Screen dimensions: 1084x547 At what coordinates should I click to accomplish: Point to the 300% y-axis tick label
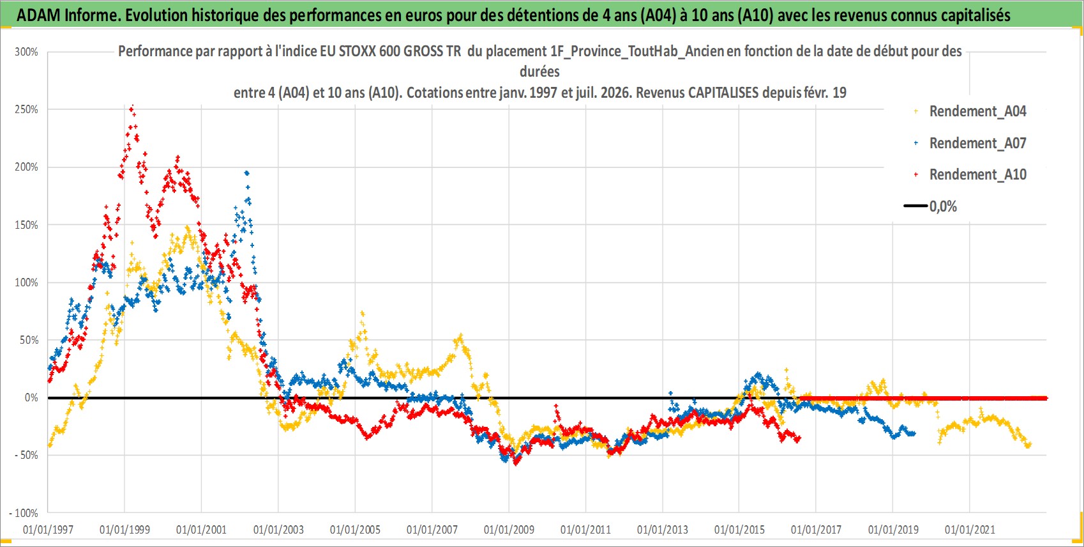tap(26, 52)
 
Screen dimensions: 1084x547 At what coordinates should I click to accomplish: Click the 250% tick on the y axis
tap(26, 109)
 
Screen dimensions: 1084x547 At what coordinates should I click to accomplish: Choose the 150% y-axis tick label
tap(26, 225)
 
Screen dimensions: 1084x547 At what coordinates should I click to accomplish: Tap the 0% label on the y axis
tap(31, 397)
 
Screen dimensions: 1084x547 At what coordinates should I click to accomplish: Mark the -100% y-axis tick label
tap(23, 513)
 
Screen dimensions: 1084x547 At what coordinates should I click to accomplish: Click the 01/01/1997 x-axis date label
tap(48, 530)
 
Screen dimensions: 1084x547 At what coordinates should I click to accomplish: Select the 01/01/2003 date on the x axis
tap(278, 530)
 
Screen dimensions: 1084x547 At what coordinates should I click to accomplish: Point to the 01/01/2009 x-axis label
tap(509, 530)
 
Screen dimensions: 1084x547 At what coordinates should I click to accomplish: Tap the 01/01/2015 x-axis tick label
tap(739, 530)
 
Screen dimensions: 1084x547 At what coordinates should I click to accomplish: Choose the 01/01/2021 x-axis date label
tap(970, 530)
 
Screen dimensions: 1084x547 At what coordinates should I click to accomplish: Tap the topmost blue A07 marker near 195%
tap(247, 173)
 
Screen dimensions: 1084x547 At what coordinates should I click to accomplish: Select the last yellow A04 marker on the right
tap(1029, 444)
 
